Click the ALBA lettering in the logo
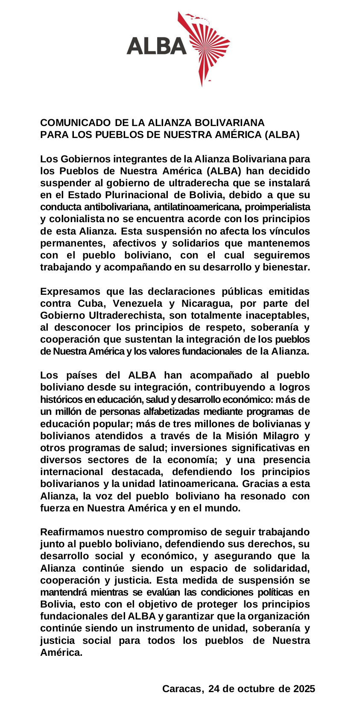[156, 45]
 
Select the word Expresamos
[70, 291]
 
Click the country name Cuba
[90, 303]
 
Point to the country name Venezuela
[136, 303]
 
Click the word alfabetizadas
[172, 411]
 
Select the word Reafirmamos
[72, 532]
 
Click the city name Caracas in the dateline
[181, 689]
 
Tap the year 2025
[304, 689]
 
